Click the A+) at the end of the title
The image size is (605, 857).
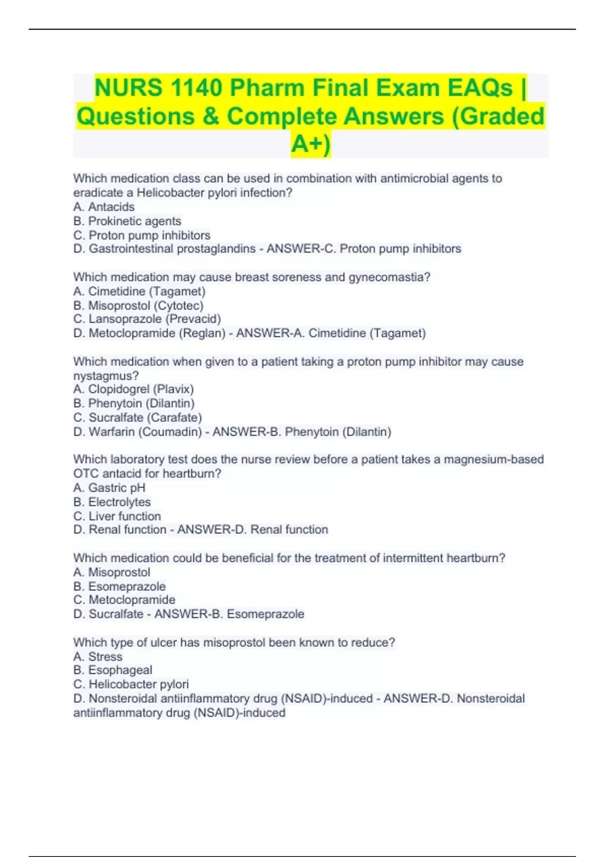(311, 144)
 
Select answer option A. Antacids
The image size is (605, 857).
(104, 207)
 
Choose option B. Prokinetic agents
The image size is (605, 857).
(127, 221)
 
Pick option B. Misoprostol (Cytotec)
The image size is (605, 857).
(138, 305)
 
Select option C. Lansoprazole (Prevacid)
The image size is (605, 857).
(147, 319)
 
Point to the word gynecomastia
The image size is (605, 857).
(389, 277)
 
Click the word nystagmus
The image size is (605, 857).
(106, 376)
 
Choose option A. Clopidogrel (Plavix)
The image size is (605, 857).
(134, 389)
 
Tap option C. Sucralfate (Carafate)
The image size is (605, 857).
(138, 417)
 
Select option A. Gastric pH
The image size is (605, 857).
(109, 487)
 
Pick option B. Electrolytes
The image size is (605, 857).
(112, 502)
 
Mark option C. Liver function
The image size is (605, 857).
(117, 516)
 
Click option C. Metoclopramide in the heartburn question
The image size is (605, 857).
(125, 600)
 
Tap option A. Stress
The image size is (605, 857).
(98, 656)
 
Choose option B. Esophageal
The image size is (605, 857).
(113, 670)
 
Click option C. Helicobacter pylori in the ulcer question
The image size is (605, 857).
(131, 684)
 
